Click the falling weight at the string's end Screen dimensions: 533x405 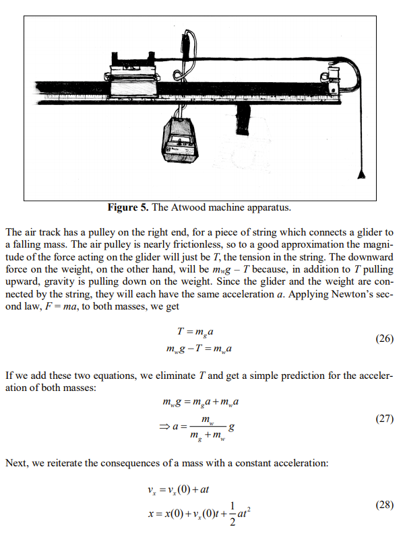pos(363,176)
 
